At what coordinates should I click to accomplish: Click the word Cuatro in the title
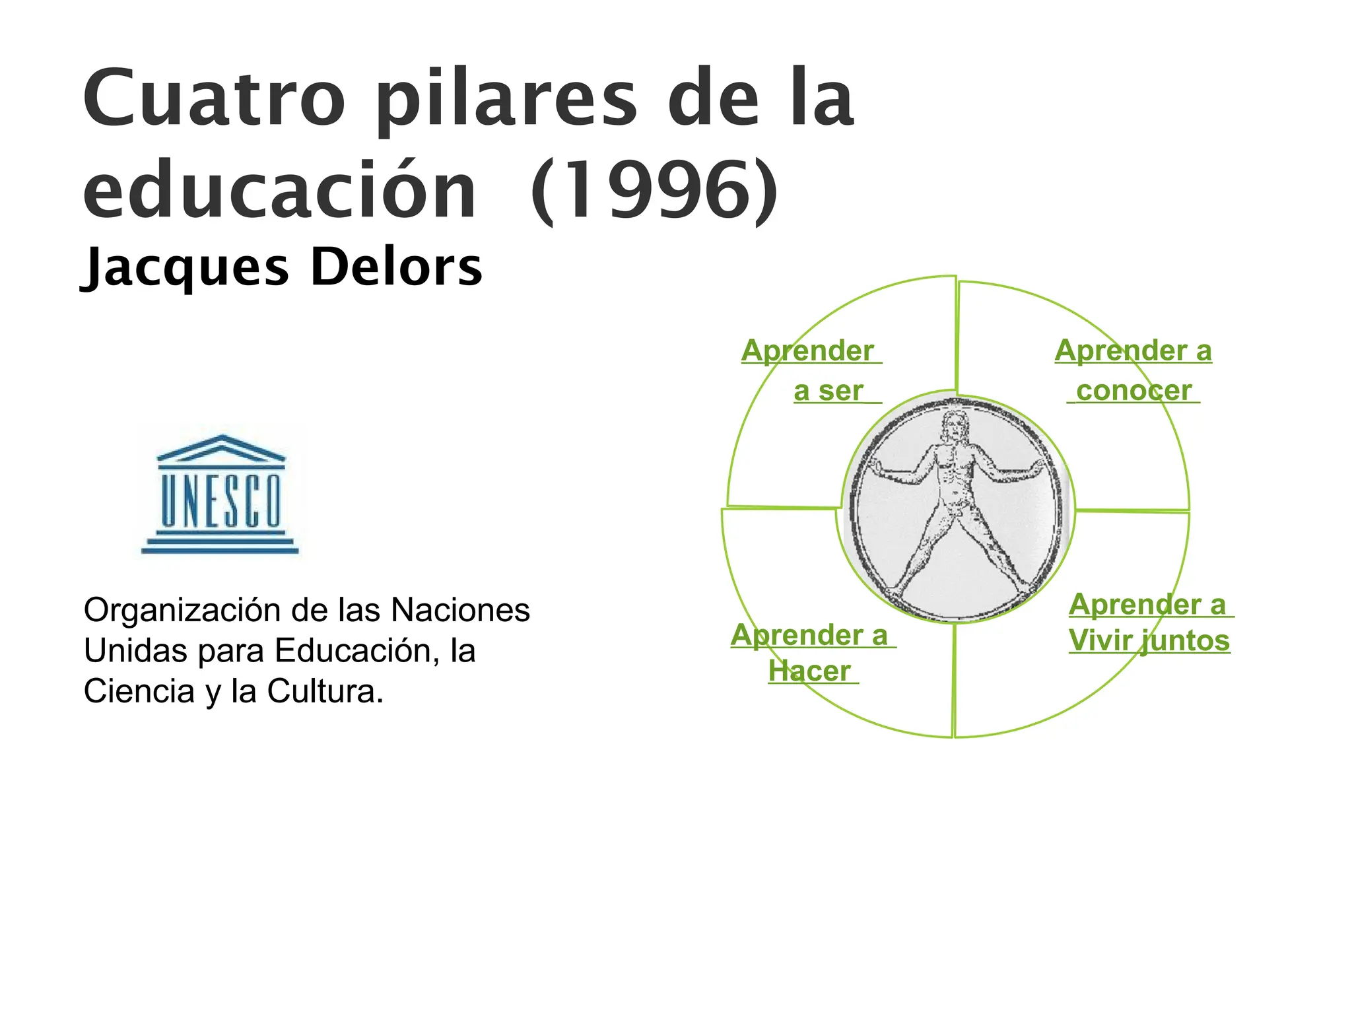[214, 99]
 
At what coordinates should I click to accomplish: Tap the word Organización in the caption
[182, 611]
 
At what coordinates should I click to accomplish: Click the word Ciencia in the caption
[139, 692]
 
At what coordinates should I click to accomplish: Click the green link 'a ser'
[828, 391]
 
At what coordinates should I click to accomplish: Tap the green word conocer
[1133, 390]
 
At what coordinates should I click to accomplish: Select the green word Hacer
[809, 671]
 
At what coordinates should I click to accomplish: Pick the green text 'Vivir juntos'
[1149, 640]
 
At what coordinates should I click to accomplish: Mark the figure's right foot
[896, 587]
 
